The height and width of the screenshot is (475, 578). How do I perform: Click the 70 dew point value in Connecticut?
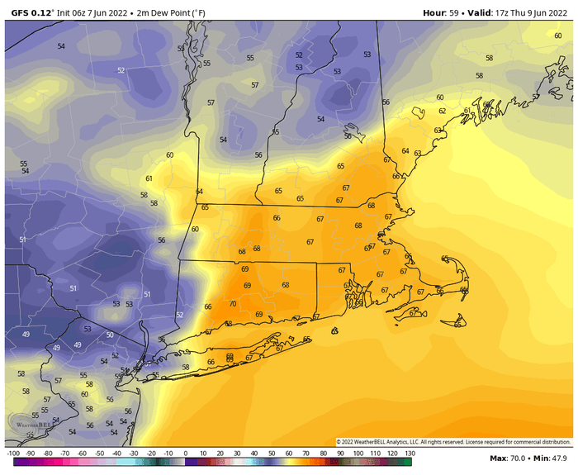232,304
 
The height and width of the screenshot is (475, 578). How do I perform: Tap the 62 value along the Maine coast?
442,111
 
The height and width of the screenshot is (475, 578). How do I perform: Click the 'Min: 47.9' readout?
552,458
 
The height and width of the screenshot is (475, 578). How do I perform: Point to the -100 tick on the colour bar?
12,454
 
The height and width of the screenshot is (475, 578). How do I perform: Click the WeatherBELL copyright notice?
453,442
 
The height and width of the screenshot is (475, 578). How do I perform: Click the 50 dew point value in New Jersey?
110,335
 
